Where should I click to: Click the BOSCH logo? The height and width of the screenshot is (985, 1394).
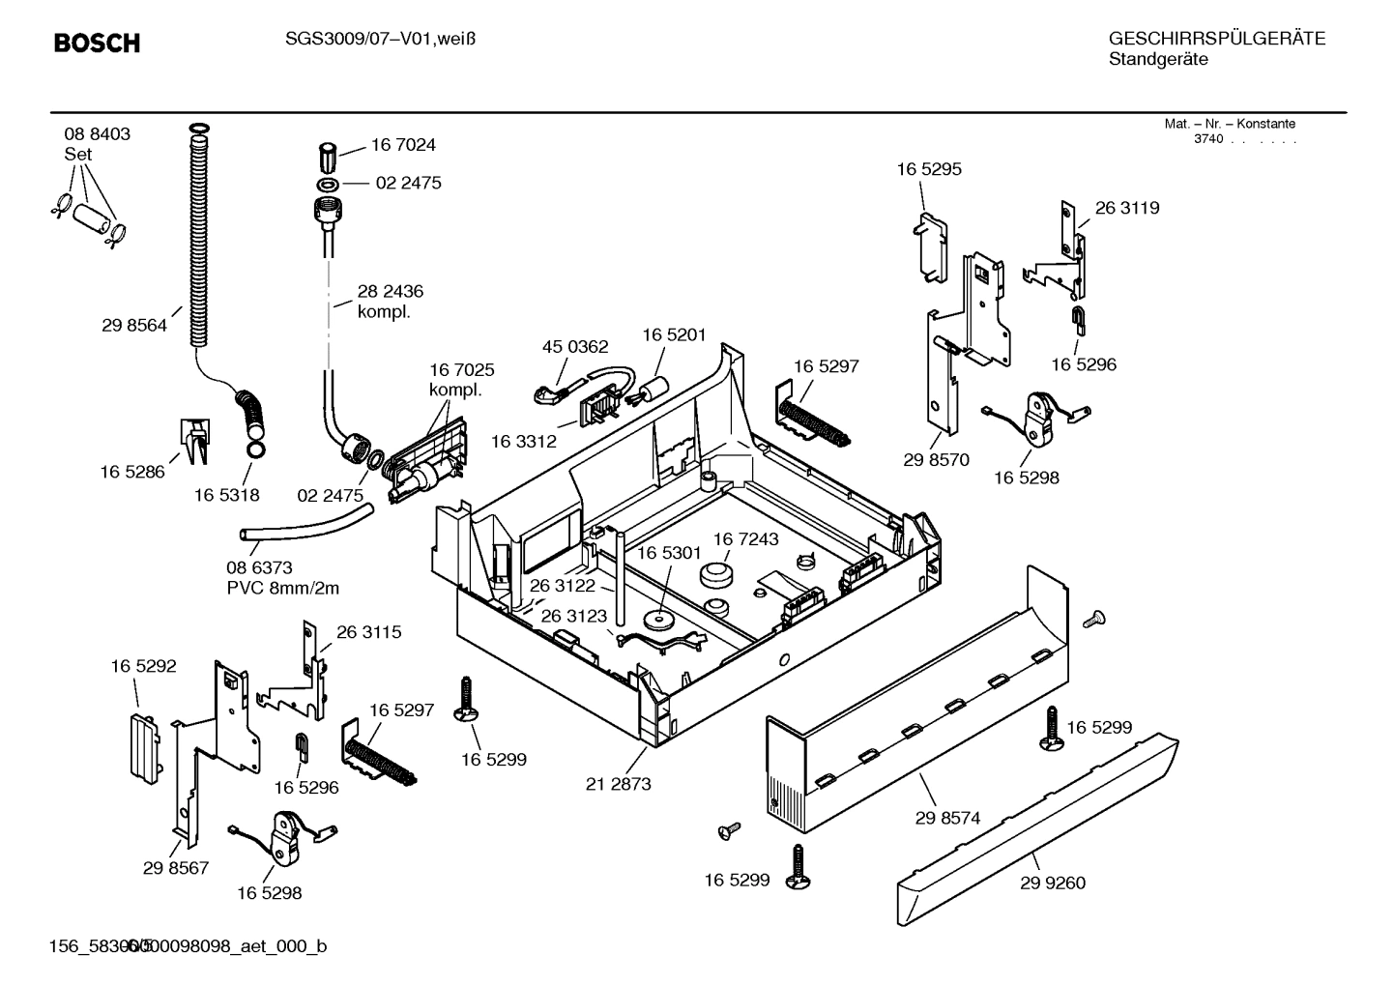(97, 43)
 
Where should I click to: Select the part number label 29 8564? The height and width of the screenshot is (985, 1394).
(134, 326)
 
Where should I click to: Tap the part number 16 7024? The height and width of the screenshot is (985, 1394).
(403, 145)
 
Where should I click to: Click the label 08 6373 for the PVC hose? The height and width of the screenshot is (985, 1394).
(259, 567)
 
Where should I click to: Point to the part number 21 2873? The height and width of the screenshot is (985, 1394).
(618, 784)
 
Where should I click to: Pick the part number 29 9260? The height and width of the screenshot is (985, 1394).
(1052, 883)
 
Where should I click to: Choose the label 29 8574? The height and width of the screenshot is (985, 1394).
(947, 818)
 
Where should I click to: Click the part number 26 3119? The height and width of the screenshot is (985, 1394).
(1126, 208)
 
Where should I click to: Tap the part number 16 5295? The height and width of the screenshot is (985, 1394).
(929, 169)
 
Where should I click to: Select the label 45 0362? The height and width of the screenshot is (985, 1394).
(575, 347)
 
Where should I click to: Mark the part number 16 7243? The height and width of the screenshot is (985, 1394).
(745, 538)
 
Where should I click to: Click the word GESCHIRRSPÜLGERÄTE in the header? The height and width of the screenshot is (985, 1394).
(1216, 39)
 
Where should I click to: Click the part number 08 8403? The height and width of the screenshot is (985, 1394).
(98, 134)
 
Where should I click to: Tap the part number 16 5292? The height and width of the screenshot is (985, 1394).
(143, 666)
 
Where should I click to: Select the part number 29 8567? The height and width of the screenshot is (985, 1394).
(176, 868)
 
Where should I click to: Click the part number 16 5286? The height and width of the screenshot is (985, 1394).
(132, 472)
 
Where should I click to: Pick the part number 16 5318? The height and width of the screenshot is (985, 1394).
(226, 495)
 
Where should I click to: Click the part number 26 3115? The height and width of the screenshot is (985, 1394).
(368, 632)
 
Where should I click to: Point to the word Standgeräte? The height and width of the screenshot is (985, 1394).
(1157, 59)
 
